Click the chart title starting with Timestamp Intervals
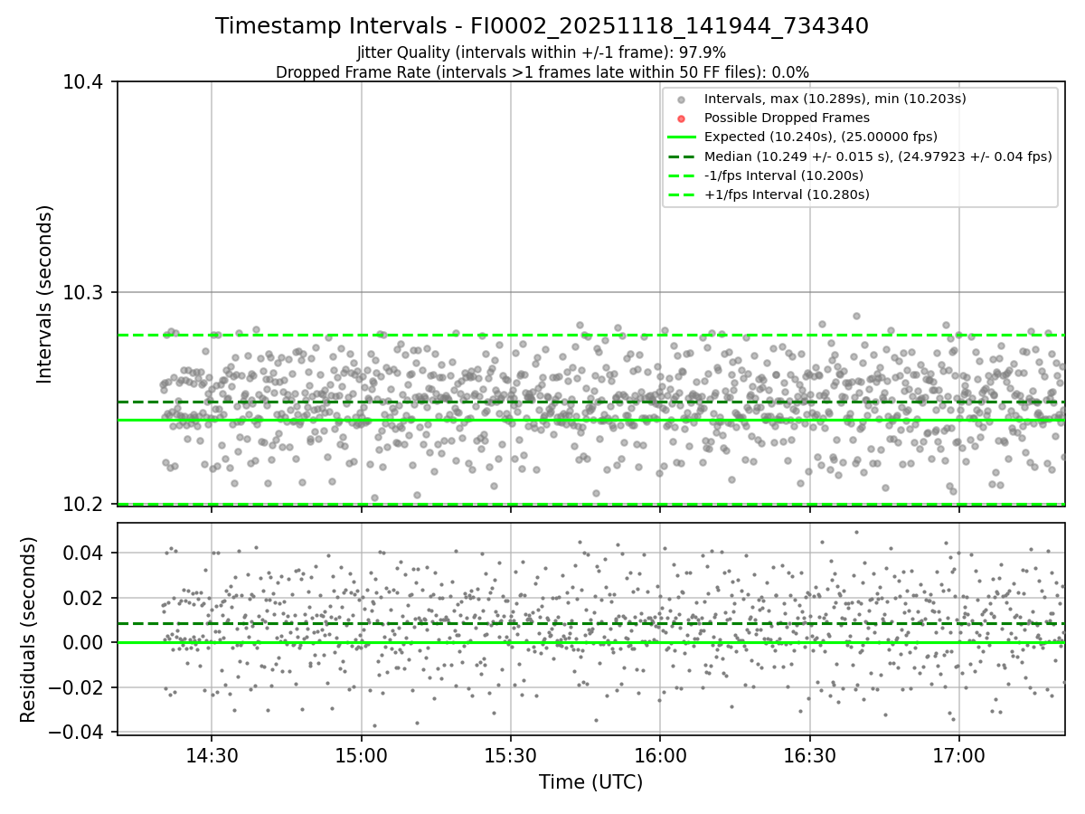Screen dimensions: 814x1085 click(542, 26)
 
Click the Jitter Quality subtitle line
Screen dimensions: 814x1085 click(542, 52)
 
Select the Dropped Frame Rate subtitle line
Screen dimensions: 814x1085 click(542, 72)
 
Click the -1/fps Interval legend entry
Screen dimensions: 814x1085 click(783, 175)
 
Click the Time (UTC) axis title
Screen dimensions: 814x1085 click(590, 782)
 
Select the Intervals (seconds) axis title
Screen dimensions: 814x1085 click(45, 293)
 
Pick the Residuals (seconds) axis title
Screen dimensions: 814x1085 click(29, 629)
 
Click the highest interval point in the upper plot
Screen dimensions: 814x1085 click(856, 317)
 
